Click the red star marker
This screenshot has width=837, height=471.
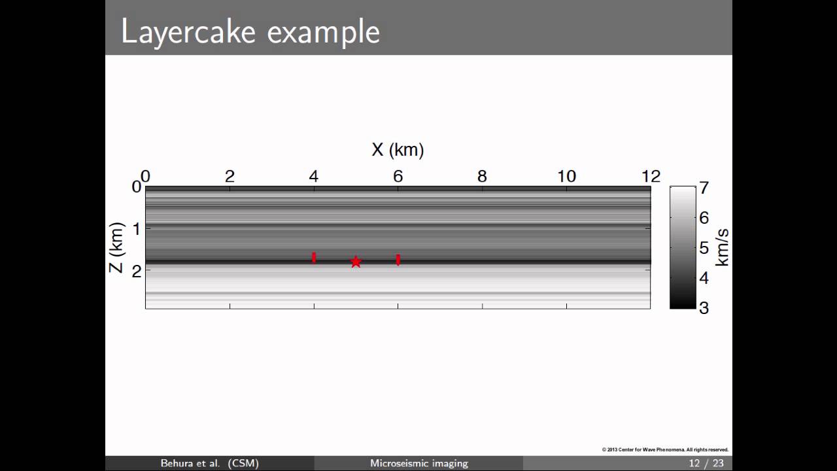pos(356,262)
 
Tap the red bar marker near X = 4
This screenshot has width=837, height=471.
pos(314,258)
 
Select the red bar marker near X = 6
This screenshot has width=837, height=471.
pos(398,260)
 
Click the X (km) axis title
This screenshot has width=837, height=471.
pos(398,150)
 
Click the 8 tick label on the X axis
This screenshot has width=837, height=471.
pos(482,176)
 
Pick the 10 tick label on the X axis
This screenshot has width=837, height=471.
pos(566,176)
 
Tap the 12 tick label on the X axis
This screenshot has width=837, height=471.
pos(651,176)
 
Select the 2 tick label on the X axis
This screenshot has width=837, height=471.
pos(230,176)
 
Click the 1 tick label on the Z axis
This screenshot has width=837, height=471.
pos(137,229)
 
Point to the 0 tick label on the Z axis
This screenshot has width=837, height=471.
pos(137,187)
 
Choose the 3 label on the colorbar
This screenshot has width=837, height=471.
pos(704,307)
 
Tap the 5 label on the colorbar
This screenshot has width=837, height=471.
pos(704,248)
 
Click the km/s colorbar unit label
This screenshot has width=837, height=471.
pos(722,247)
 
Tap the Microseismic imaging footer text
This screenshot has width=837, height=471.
pos(419,463)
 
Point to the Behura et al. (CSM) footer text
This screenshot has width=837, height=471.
pos(210,463)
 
